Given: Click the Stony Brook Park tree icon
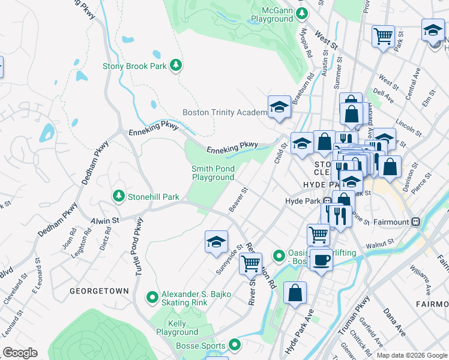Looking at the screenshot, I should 176,65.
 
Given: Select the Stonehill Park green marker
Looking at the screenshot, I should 119,196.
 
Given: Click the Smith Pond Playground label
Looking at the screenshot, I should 212,173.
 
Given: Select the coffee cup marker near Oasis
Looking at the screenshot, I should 321,259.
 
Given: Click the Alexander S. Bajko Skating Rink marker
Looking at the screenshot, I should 153,296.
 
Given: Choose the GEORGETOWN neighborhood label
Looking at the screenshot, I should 99,290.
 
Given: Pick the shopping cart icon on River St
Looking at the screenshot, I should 250,263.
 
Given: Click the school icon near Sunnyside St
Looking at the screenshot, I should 216,242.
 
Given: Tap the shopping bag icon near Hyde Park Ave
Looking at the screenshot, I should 295,293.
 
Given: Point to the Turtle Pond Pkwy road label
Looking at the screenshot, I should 139,247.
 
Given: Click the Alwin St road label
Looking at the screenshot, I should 105,221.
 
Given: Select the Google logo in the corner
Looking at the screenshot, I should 20,353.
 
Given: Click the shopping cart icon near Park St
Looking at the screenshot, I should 382,36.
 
